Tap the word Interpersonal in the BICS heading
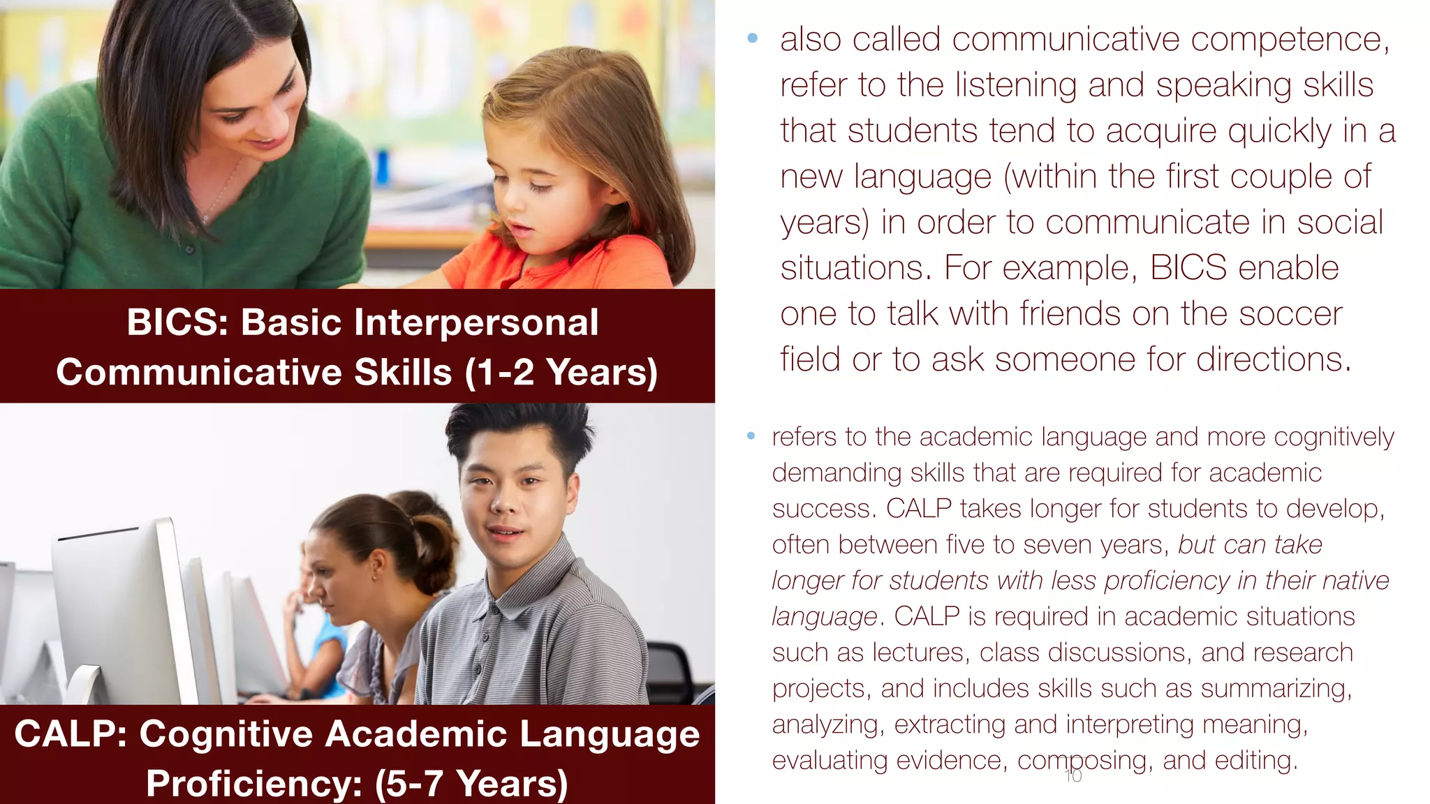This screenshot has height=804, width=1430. tap(477, 323)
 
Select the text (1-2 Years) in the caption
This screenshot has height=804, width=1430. tap(561, 372)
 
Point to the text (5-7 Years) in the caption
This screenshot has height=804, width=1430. tap(471, 783)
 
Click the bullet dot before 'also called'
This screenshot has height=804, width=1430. tap(752, 38)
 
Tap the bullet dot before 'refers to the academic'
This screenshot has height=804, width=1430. tap(751, 436)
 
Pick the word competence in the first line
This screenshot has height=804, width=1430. tap(1290, 39)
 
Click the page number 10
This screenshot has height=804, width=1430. tap(1073, 776)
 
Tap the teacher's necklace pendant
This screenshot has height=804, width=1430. tap(205, 218)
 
